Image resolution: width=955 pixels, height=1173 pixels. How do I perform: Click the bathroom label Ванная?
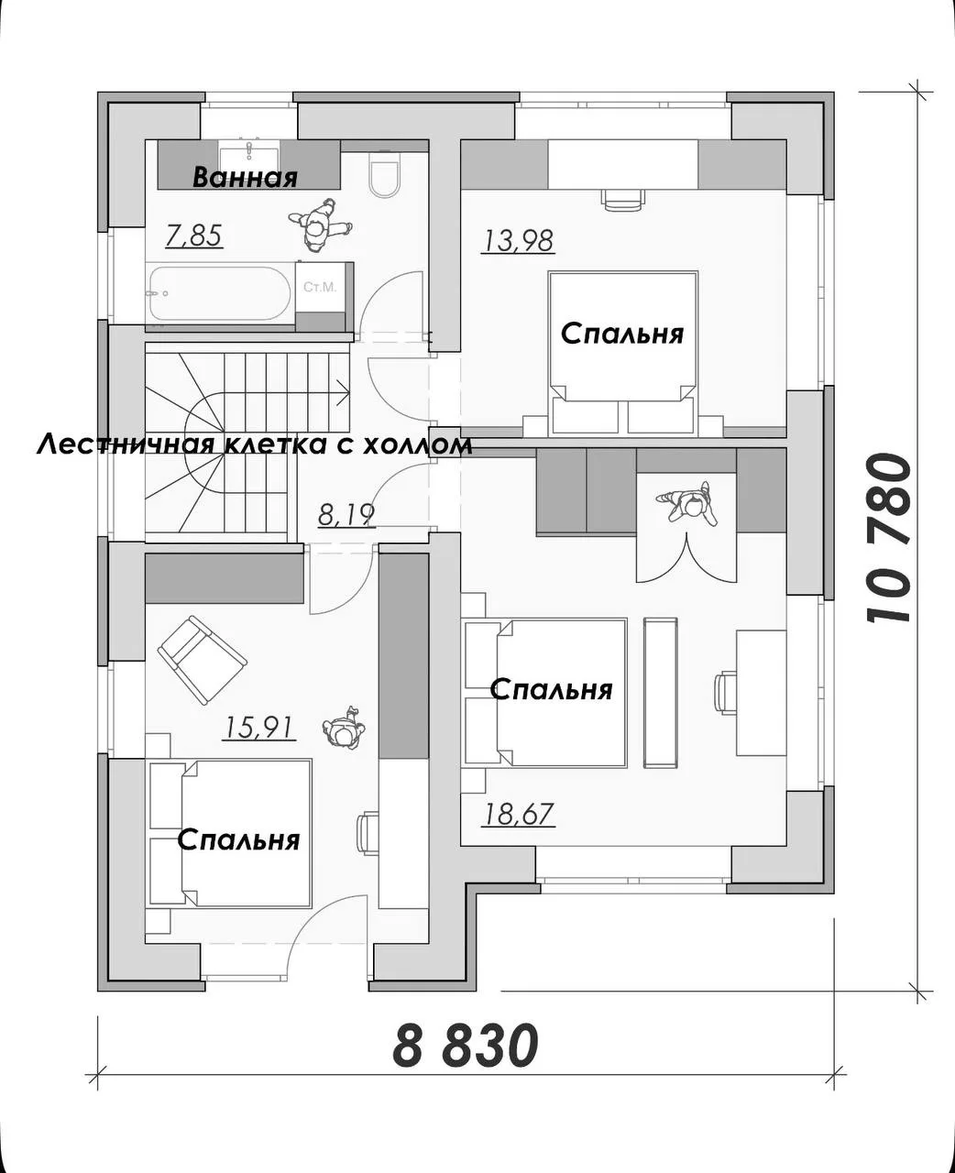[x=245, y=178]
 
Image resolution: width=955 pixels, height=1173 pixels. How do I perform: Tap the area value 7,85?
[x=194, y=236]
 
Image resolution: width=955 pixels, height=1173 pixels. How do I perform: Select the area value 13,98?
[x=518, y=241]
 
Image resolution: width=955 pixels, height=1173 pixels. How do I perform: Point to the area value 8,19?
[x=346, y=516]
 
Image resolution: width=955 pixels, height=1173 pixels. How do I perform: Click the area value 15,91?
[x=258, y=728]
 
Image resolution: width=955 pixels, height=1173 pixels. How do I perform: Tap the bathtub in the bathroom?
[x=220, y=293]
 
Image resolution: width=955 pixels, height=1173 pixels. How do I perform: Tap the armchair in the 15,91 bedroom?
[x=203, y=659]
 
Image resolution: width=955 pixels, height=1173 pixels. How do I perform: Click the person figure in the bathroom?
[x=320, y=225]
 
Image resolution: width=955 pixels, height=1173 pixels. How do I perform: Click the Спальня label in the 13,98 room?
[x=621, y=334]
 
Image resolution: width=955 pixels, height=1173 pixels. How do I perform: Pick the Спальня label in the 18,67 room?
[x=552, y=689]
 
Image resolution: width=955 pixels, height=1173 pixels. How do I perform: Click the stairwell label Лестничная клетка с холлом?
[x=254, y=445]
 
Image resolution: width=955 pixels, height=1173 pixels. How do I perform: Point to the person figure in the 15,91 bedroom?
[x=345, y=729]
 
